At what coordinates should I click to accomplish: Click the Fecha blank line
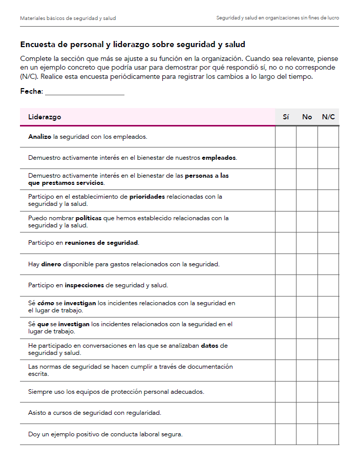point(84,92)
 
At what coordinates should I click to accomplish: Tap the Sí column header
point(286,117)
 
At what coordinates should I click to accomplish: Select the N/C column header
point(328,117)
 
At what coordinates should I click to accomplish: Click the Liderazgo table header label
point(45,117)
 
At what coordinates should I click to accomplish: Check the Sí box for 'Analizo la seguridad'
point(286,137)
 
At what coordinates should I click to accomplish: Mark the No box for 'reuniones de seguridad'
point(307,243)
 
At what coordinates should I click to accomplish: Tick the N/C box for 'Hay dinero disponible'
point(328,264)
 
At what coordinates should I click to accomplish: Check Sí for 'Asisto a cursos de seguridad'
point(286,413)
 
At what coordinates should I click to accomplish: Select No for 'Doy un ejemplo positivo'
point(307,434)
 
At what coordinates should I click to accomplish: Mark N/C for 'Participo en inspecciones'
point(328,285)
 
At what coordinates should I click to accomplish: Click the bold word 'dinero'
point(51,264)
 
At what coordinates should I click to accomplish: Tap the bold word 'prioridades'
point(146,196)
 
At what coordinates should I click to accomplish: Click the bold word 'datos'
point(209,346)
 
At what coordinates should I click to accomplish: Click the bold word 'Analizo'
point(39,137)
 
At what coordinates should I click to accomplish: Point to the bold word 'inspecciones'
point(84,285)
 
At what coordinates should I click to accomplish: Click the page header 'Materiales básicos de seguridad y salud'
point(68,18)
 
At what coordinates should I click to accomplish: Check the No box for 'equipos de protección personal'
point(307,392)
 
